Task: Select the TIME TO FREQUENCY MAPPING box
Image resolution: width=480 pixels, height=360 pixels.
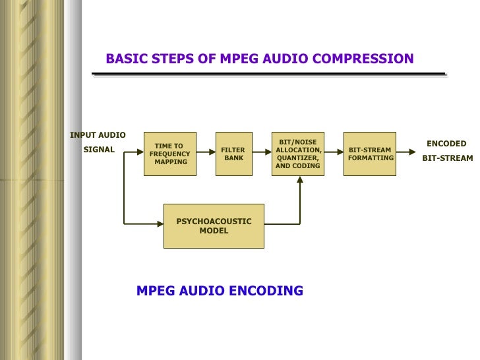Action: point(170,154)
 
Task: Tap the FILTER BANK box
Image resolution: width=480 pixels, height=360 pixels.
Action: point(233,154)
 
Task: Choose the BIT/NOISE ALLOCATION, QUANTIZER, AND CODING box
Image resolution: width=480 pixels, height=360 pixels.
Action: point(298,154)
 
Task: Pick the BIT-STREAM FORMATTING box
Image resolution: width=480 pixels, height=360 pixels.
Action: point(370,154)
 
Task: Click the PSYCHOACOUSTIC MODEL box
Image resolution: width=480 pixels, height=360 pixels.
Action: point(214,226)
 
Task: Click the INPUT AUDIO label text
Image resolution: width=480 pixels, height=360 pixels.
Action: point(98,135)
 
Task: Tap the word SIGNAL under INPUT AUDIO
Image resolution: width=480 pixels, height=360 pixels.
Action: point(98,150)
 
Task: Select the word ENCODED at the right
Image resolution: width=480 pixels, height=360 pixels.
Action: point(446,144)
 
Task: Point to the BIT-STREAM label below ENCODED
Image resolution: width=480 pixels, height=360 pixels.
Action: point(447,158)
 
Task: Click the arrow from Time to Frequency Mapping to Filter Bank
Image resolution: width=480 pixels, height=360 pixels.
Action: point(206,154)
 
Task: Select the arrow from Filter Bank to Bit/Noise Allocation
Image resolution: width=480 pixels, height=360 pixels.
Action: point(262,154)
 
